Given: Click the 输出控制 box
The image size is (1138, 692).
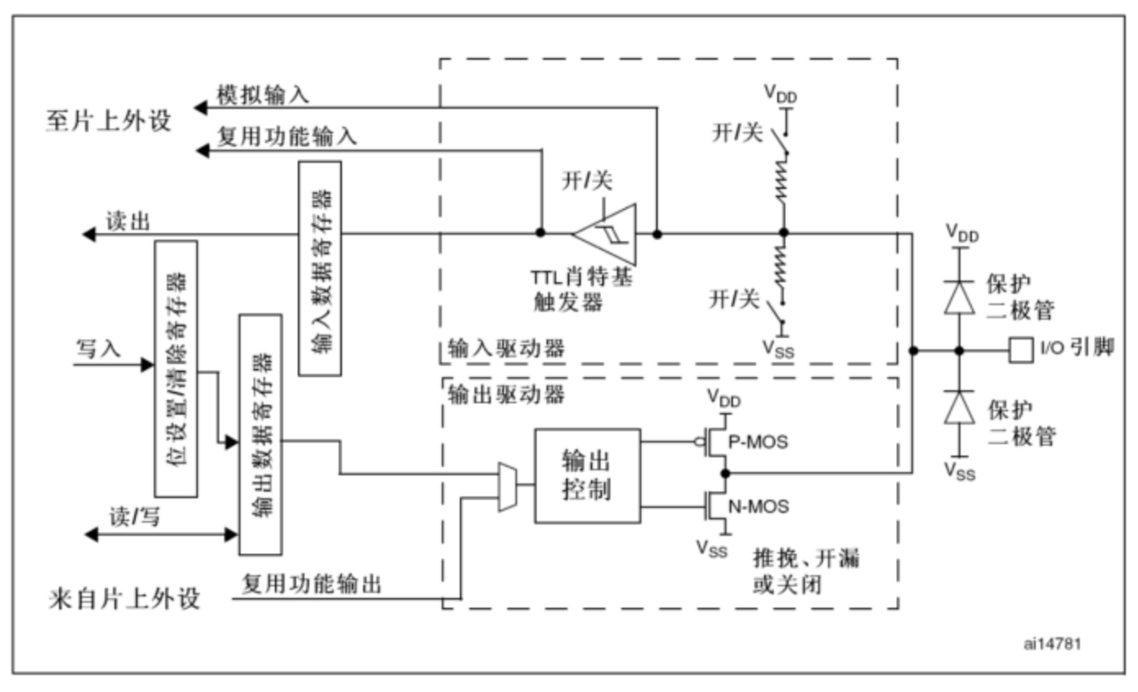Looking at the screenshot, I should (587, 475).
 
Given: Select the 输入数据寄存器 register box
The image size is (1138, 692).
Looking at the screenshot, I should (320, 268).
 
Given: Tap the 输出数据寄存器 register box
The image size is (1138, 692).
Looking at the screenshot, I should (260, 434).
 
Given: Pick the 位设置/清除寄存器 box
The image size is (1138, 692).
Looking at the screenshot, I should (175, 369).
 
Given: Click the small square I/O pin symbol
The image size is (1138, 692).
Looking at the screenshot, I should (1020, 350).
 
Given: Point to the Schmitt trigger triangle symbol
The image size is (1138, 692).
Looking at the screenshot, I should (605, 233).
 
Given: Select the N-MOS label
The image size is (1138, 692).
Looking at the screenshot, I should (758, 507).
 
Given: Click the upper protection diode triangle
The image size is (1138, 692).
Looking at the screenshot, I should (960, 298).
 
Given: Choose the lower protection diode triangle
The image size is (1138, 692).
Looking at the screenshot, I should (960, 407).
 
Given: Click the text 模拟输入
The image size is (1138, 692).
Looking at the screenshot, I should (263, 94).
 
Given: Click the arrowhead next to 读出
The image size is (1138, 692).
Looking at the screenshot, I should (88, 235).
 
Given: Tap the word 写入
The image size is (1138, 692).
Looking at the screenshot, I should (98, 348).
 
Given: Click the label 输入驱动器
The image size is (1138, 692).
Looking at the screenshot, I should (506, 348).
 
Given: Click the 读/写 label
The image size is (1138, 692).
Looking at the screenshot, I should (135, 516).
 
